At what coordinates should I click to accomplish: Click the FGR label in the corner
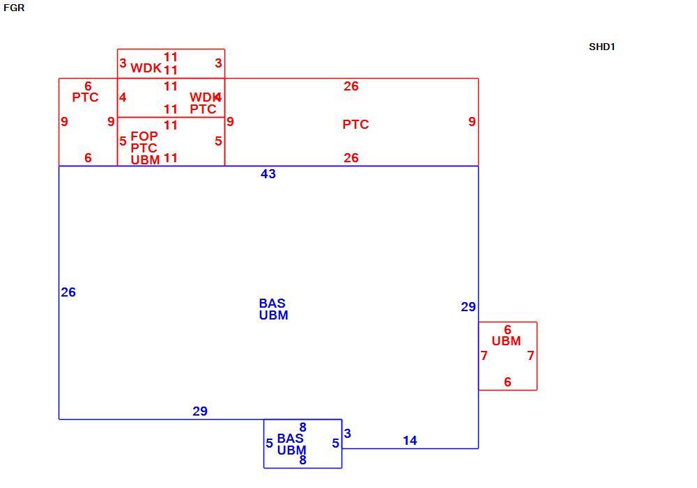pyautogui.click(x=14, y=8)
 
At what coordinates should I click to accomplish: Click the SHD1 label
pyautogui.click(x=602, y=47)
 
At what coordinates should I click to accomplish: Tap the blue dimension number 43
pyautogui.click(x=268, y=173)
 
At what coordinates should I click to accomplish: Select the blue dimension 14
pyautogui.click(x=410, y=441)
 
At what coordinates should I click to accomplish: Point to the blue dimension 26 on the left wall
pyautogui.click(x=68, y=292)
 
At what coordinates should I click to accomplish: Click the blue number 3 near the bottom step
pyautogui.click(x=348, y=434)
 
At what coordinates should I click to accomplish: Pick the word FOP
pyautogui.click(x=144, y=136)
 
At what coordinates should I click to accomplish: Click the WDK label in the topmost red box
pyautogui.click(x=146, y=68)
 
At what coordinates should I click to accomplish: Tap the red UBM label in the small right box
pyautogui.click(x=506, y=341)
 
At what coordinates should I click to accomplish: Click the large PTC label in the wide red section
pyautogui.click(x=355, y=125)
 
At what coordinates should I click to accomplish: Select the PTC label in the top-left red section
pyautogui.click(x=85, y=97)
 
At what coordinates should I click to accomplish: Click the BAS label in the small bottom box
pyautogui.click(x=290, y=439)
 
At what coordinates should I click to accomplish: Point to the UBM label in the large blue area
pyautogui.click(x=273, y=315)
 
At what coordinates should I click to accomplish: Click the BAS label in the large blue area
pyautogui.click(x=272, y=304)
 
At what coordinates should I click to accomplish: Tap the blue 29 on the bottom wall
pyautogui.click(x=200, y=411)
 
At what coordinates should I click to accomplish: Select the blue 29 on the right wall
pyautogui.click(x=468, y=307)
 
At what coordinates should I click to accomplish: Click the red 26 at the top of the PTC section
pyautogui.click(x=351, y=86)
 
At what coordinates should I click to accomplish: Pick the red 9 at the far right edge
pyautogui.click(x=472, y=122)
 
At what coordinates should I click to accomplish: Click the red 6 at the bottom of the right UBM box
pyautogui.click(x=507, y=382)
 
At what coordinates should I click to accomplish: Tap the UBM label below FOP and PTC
pyautogui.click(x=146, y=160)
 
